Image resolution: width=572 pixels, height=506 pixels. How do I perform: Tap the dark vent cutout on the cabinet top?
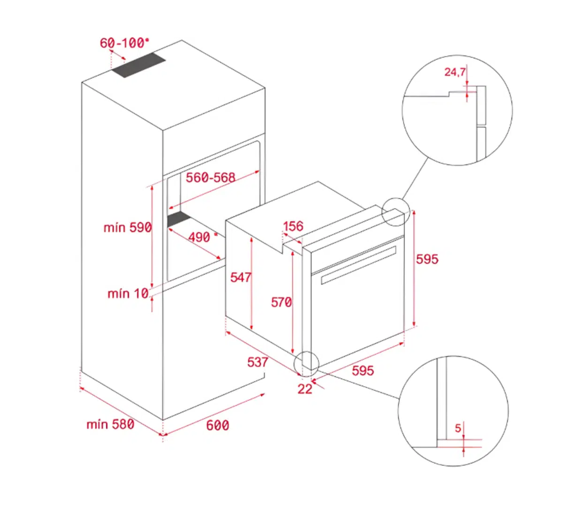(138, 65)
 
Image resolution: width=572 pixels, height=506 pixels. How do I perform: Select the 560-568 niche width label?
(211, 178)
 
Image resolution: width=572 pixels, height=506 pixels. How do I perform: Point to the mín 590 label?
(128, 227)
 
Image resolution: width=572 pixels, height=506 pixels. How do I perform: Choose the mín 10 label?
(128, 293)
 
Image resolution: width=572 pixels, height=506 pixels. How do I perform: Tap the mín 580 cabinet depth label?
(110, 424)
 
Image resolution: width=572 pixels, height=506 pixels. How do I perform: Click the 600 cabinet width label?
(218, 425)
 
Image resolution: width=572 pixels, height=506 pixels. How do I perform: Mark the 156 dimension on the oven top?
(293, 226)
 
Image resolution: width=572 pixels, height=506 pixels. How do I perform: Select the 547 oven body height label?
(241, 277)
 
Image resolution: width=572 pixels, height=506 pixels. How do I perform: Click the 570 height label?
(281, 302)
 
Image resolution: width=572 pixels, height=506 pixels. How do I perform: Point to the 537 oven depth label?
(257, 362)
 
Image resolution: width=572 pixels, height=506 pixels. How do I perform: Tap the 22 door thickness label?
(305, 389)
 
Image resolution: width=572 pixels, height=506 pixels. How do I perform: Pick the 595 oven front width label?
(363, 371)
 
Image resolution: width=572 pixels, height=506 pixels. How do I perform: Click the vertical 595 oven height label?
(427, 259)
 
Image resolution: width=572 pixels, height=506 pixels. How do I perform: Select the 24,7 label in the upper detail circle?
(455, 72)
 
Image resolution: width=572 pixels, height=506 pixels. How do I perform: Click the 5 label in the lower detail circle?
(458, 428)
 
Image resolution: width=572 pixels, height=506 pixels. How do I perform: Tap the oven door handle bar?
(358, 265)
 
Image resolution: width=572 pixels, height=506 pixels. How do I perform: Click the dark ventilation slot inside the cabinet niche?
(179, 219)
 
